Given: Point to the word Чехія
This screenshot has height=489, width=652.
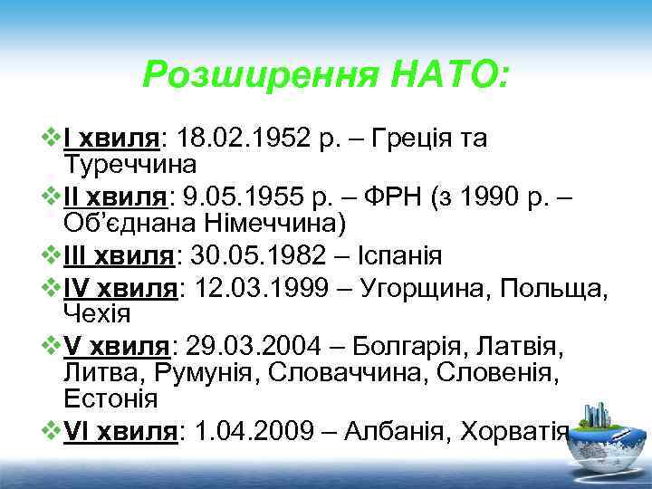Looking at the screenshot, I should coord(98,314).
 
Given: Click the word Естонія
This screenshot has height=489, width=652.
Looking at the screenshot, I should coord(110,398).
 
